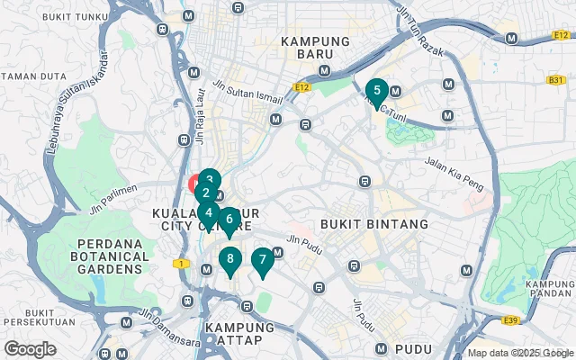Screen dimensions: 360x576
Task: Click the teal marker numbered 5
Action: pyautogui.click(x=376, y=91)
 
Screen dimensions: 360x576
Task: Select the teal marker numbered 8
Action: pyautogui.click(x=229, y=260)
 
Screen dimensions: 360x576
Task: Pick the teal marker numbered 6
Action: pyautogui.click(x=229, y=219)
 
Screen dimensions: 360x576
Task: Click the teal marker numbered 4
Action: pyautogui.click(x=208, y=213)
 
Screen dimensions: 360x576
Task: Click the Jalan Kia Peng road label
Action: pyautogui.click(x=454, y=174)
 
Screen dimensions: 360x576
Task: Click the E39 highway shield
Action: pyautogui.click(x=511, y=319)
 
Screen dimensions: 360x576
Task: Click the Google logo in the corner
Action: pyautogui.click(x=30, y=348)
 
